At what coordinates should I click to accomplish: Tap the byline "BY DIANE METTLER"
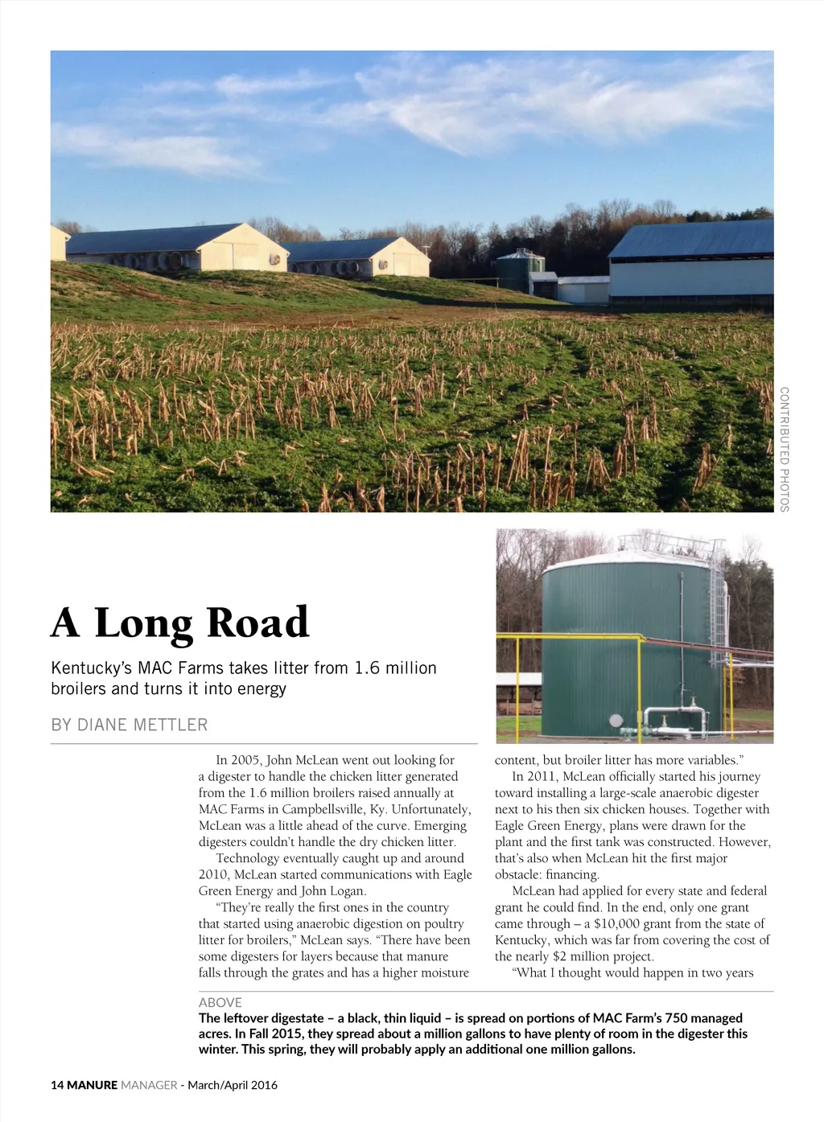(129, 725)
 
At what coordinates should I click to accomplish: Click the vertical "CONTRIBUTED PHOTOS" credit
(785, 449)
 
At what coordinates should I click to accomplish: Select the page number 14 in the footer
(57, 1085)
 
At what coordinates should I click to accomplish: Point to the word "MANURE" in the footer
(93, 1085)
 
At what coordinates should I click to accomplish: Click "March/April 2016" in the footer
(233, 1085)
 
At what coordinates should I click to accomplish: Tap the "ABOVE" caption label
(220, 1002)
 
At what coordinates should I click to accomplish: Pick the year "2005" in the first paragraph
(246, 760)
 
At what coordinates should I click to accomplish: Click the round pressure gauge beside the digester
(616, 721)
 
